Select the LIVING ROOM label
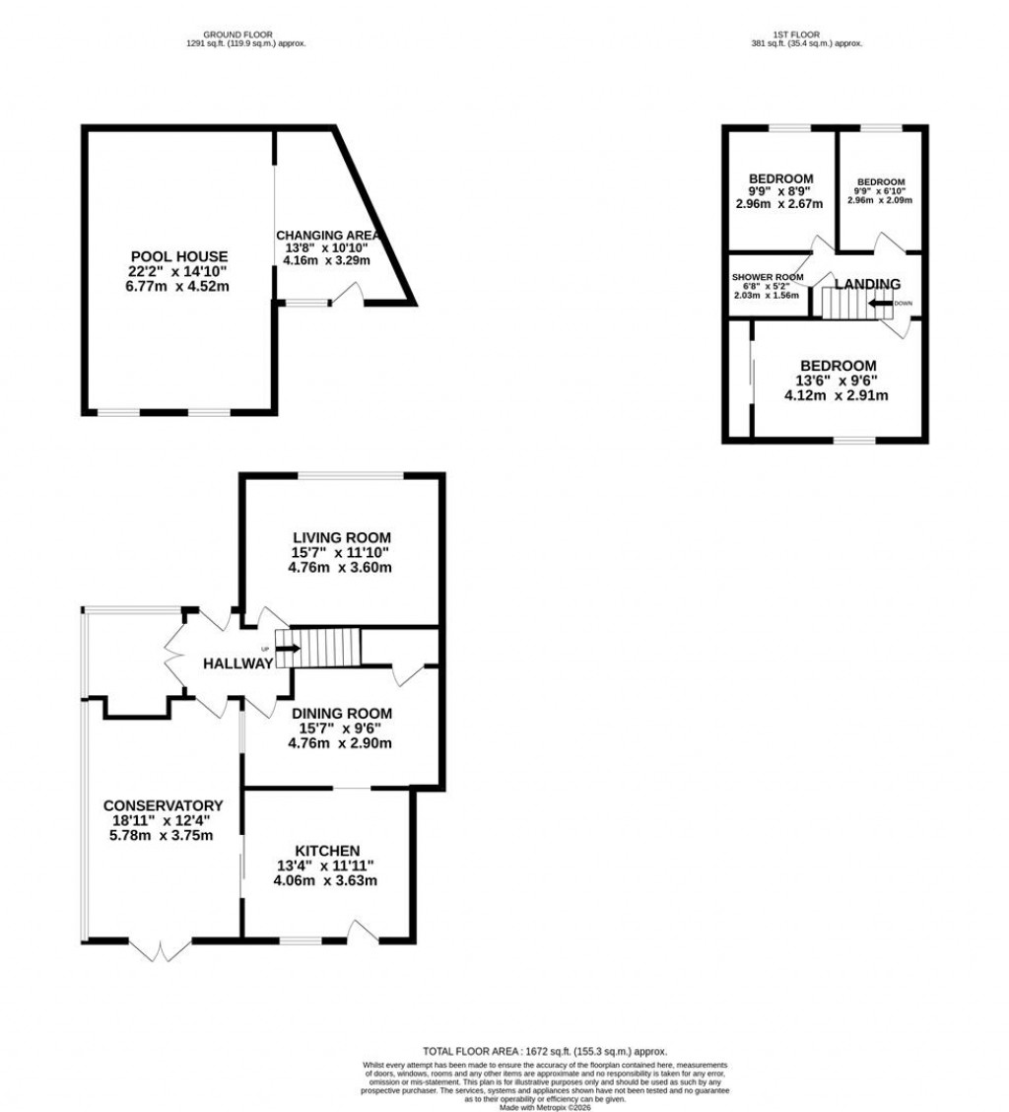pos(340,537)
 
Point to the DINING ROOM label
pos(340,713)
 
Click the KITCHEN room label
pos(326,851)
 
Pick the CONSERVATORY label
pos(164,804)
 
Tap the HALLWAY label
pos(237,663)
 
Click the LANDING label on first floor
pos(867,284)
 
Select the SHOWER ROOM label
pos(768,277)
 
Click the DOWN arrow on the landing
pos(880,304)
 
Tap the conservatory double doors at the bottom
pos(160,950)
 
